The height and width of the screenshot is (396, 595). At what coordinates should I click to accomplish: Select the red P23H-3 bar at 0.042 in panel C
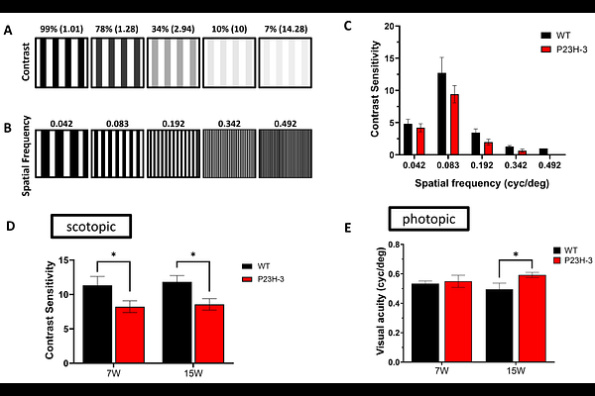(x=420, y=141)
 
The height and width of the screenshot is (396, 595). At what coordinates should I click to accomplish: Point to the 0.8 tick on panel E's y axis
(x=390, y=245)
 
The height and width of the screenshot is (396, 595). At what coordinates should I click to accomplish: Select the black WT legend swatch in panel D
(x=248, y=265)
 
